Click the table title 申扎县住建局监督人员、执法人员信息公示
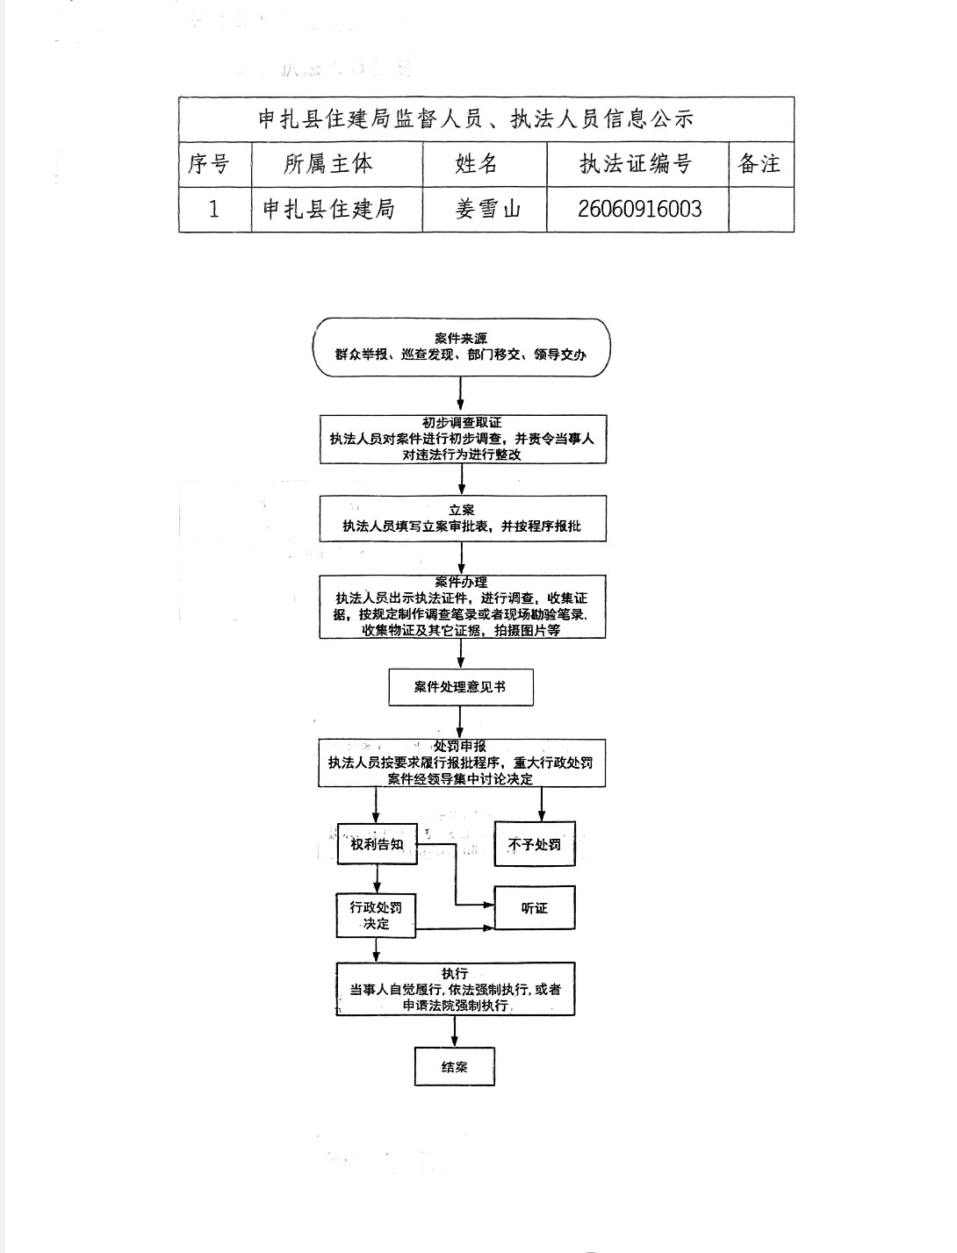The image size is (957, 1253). point(475,119)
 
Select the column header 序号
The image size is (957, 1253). point(209,164)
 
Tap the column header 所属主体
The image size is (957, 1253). point(328,164)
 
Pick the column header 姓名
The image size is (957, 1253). point(477,164)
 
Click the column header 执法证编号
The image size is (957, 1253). point(636,164)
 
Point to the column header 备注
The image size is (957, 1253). point(759,164)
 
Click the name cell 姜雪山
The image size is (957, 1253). point(487,209)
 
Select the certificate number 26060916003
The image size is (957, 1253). point(639,209)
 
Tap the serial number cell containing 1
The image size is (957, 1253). point(213,209)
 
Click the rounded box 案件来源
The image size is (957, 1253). point(461,347)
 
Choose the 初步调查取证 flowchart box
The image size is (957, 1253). point(462,439)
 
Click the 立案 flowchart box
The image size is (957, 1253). point(462,519)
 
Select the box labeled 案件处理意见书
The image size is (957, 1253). point(460,687)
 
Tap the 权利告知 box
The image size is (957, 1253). point(377,844)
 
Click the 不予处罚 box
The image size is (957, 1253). point(534,844)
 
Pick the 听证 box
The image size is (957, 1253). point(534,908)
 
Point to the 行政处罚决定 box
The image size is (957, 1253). point(376,915)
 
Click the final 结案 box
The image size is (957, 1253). point(454,1067)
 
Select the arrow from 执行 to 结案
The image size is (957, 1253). point(455,1032)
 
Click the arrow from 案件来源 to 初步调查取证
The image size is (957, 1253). point(461,396)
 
